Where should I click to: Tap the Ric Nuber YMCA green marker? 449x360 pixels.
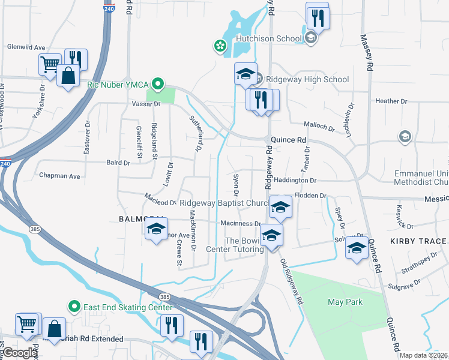(158, 85)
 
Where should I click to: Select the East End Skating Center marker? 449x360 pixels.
(74, 307)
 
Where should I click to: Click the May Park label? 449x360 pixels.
(345, 302)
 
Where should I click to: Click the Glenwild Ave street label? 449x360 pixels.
(26, 47)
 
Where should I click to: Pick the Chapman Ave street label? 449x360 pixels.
(59, 176)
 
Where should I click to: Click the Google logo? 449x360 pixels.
(19, 353)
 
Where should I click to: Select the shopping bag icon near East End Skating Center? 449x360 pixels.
(54, 329)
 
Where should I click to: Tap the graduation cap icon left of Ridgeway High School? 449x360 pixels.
(246, 74)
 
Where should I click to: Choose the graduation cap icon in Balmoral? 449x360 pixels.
(156, 230)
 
